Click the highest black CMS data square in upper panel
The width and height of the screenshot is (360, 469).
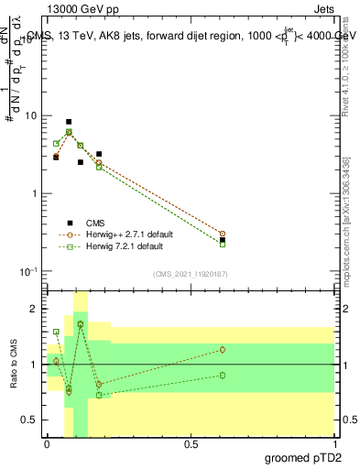click(69, 122)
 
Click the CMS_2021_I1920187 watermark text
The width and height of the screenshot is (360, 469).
click(190, 274)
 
